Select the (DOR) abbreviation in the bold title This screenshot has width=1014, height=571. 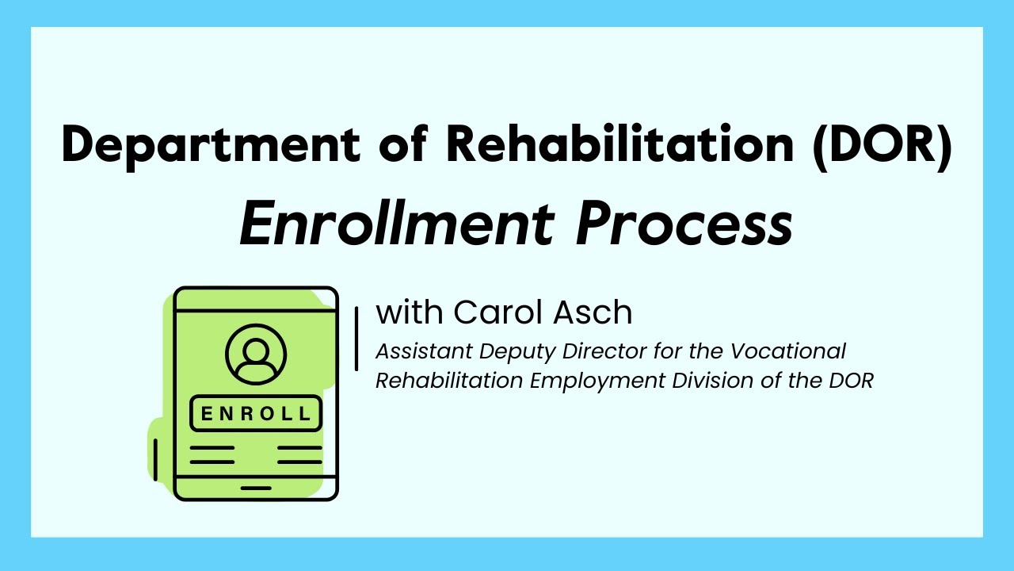point(879,146)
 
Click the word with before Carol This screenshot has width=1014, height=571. point(410,312)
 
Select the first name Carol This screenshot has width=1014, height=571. point(491,312)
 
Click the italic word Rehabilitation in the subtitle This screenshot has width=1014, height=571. point(449,381)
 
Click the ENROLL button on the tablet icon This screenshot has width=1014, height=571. point(256,413)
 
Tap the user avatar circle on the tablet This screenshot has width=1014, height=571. point(256,354)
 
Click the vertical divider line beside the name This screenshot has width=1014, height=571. point(356,338)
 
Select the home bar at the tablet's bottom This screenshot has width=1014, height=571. point(256,488)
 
